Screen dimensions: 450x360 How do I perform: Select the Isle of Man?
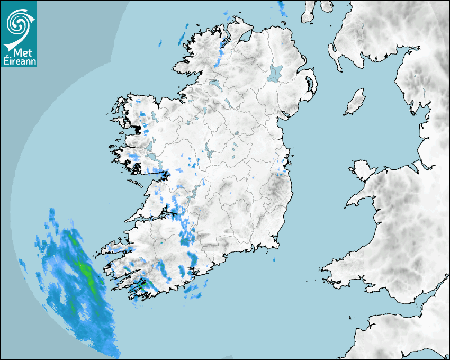355,102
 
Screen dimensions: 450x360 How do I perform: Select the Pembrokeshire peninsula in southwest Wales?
336,271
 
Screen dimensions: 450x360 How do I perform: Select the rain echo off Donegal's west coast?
182,38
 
